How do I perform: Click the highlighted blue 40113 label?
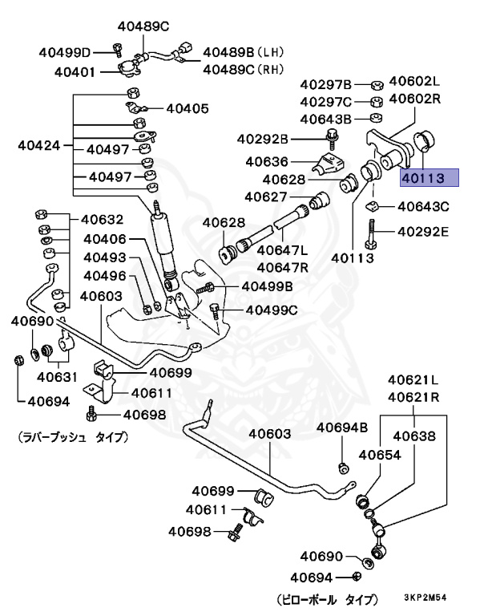tap(429, 177)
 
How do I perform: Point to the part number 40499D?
tap(65, 53)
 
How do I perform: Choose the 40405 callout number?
tap(187, 107)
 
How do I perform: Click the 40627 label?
tap(266, 197)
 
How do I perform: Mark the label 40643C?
tap(423, 207)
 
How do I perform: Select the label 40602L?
tap(415, 81)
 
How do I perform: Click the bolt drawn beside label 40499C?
tap(214, 309)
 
